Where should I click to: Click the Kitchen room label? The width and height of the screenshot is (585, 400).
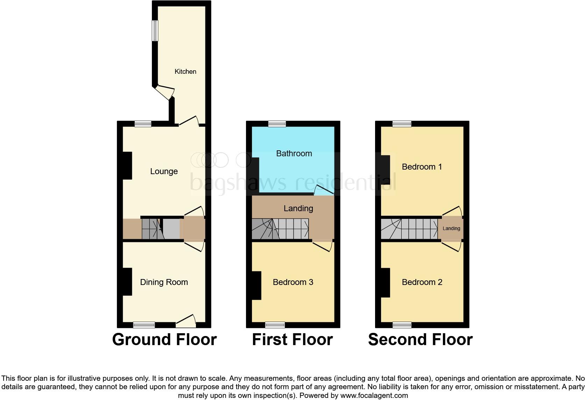click(185, 71)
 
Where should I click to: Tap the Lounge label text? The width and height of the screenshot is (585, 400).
click(164, 171)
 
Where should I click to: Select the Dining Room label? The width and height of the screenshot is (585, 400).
click(164, 282)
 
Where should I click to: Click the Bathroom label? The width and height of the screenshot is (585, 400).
click(294, 153)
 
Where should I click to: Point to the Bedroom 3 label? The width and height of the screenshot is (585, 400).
click(293, 282)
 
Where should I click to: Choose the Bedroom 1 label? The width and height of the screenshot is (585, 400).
click(422, 167)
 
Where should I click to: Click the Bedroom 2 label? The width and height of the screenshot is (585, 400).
click(422, 282)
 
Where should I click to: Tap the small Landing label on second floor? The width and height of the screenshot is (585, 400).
click(451, 228)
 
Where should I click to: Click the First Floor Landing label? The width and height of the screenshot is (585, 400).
click(298, 208)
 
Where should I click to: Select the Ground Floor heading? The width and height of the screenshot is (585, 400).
click(164, 340)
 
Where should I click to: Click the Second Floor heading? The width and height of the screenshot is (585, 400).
click(420, 340)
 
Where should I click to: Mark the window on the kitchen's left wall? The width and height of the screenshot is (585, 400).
click(155, 30)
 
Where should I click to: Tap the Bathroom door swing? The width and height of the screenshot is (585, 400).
click(324, 190)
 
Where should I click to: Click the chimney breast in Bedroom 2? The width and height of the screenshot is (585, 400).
click(385, 283)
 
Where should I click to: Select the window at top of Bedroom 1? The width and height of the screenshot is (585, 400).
click(402, 124)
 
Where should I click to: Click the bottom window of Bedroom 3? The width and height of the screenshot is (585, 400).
click(275, 325)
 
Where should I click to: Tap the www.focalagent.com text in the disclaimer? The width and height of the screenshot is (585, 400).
click(374, 396)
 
